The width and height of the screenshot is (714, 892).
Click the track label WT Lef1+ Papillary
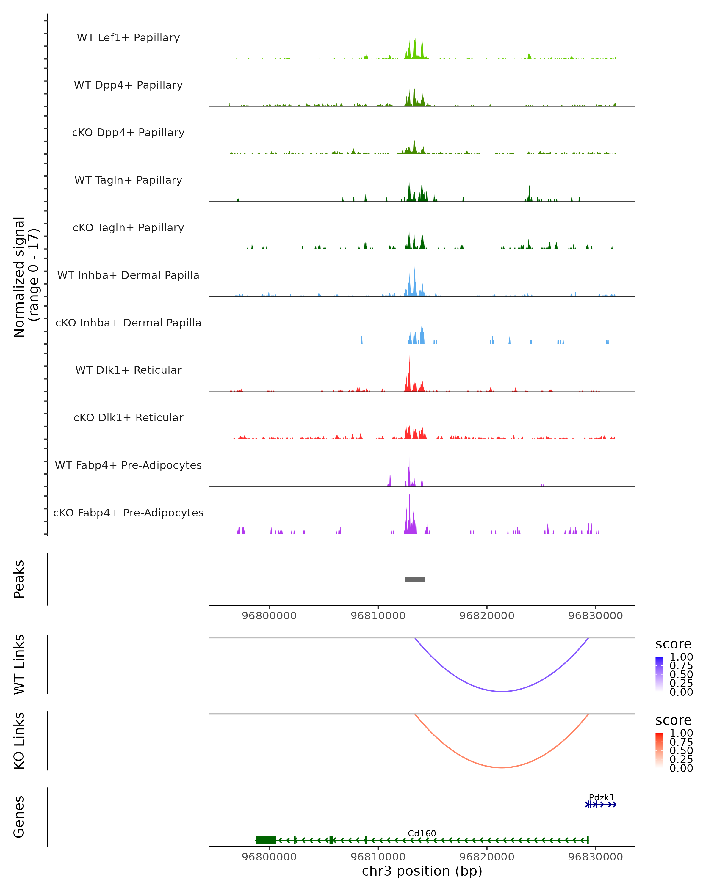[x=128, y=38]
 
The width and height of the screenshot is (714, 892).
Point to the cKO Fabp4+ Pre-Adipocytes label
[x=128, y=513]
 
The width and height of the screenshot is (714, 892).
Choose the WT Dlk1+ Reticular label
[x=128, y=370]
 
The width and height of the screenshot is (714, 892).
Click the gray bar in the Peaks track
[x=414, y=579]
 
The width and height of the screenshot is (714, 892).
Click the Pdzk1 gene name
[x=602, y=797]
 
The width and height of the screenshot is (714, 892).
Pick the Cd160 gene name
[x=422, y=833]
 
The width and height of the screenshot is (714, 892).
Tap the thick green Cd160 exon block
[x=266, y=840]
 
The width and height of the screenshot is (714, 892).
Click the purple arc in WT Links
[x=502, y=691]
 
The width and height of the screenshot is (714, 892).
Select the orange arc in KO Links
[x=502, y=767]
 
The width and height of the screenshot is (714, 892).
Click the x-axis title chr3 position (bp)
[x=422, y=871]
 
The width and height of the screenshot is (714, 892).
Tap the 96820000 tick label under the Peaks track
[x=487, y=616]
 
